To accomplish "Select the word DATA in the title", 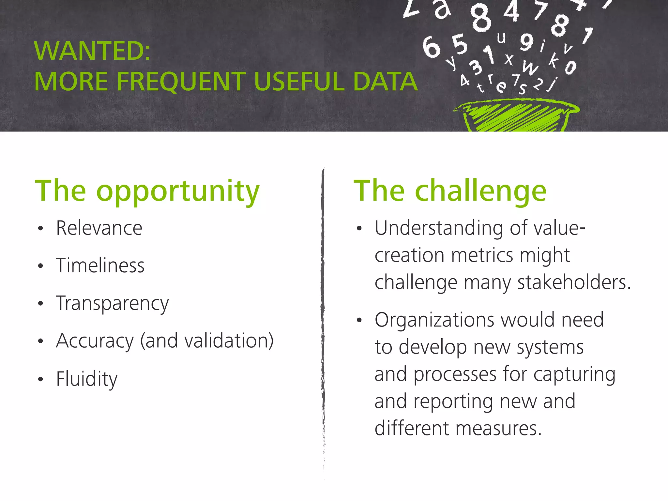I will (385, 81).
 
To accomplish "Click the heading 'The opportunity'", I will (147, 192).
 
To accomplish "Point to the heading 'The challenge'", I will (450, 192).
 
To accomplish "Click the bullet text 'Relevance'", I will (99, 228).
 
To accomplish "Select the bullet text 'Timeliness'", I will (100, 266).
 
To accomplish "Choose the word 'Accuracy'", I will (95, 341).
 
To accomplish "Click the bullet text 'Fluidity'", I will (87, 379).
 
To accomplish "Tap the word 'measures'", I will (496, 429).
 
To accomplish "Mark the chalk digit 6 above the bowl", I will (431, 47).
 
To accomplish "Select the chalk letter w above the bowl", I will (530, 68).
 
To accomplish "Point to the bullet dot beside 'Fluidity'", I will (40, 379).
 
